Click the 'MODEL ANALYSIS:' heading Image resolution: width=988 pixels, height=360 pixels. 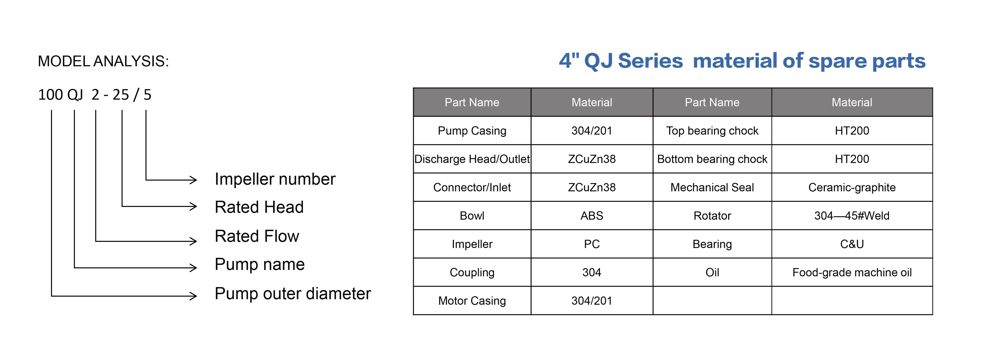103,61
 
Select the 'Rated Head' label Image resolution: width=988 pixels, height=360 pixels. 259,207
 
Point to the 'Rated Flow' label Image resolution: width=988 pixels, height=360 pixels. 257,236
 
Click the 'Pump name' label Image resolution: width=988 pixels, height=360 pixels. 260,264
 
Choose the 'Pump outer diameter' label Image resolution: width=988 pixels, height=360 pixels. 293,294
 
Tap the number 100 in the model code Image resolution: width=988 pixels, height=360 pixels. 50,95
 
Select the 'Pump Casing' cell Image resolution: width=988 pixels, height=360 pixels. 472,131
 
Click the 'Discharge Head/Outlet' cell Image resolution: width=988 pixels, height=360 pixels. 472,159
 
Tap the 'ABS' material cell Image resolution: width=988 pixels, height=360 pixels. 592,216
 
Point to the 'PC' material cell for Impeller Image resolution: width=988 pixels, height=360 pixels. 592,244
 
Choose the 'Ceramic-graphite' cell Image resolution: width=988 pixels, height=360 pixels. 852,187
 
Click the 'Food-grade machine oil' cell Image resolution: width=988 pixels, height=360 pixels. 852,273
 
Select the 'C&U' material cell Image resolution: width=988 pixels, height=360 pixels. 852,244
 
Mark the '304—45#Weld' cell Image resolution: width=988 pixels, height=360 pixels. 852,216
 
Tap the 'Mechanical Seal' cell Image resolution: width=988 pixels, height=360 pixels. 712,187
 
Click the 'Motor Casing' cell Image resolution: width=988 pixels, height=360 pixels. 472,301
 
